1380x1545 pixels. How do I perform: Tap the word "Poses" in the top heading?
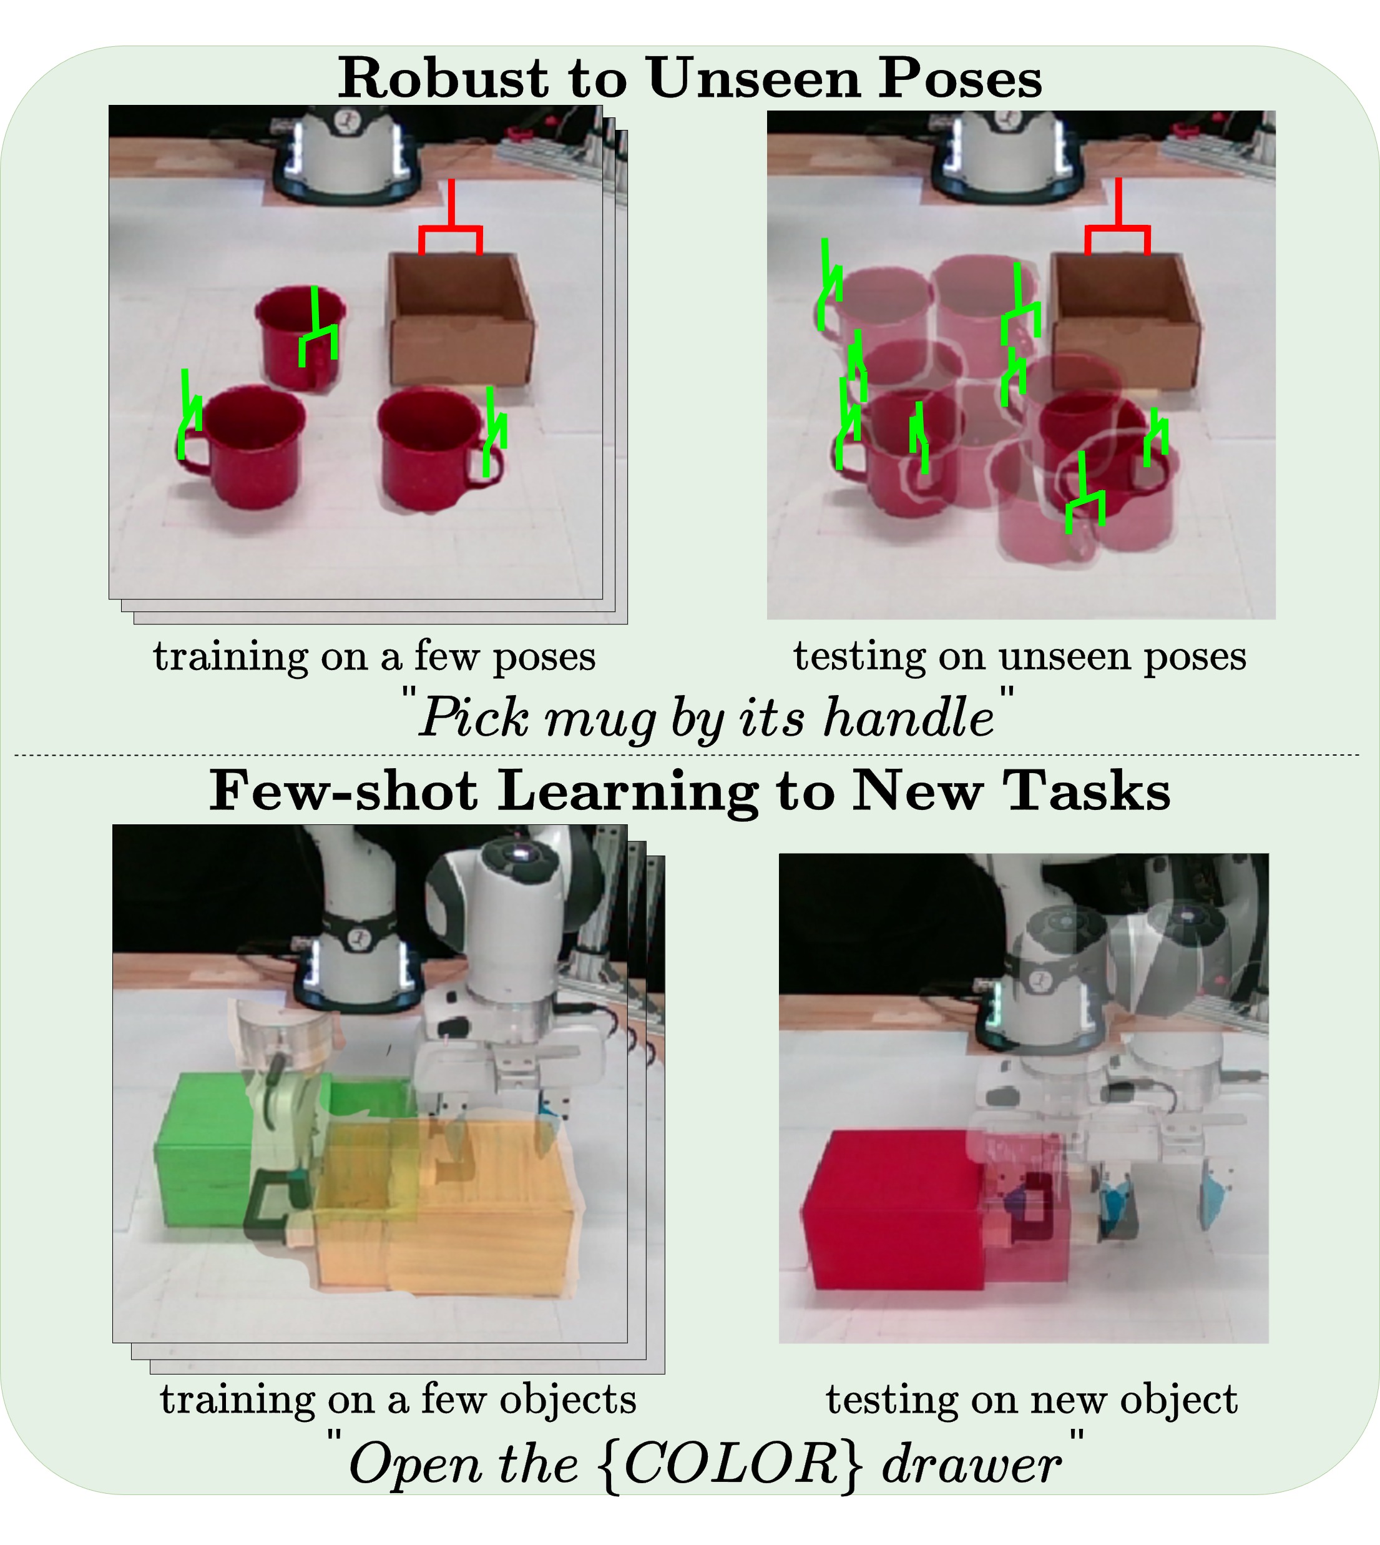pyautogui.click(x=960, y=77)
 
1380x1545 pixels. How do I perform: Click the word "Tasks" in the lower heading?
pyautogui.click(x=1087, y=791)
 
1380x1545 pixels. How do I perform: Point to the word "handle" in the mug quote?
pyautogui.click(x=908, y=717)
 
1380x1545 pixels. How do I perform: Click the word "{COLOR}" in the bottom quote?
pyautogui.click(x=732, y=1464)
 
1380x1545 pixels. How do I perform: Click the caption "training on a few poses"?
pyautogui.click(x=374, y=658)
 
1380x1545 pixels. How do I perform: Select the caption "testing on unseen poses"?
pyautogui.click(x=1020, y=658)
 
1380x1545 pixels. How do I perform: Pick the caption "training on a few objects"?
pyautogui.click(x=398, y=1399)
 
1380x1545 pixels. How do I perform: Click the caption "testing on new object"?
pyautogui.click(x=1031, y=1399)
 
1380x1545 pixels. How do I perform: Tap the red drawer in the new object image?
pyautogui.click(x=895, y=1210)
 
